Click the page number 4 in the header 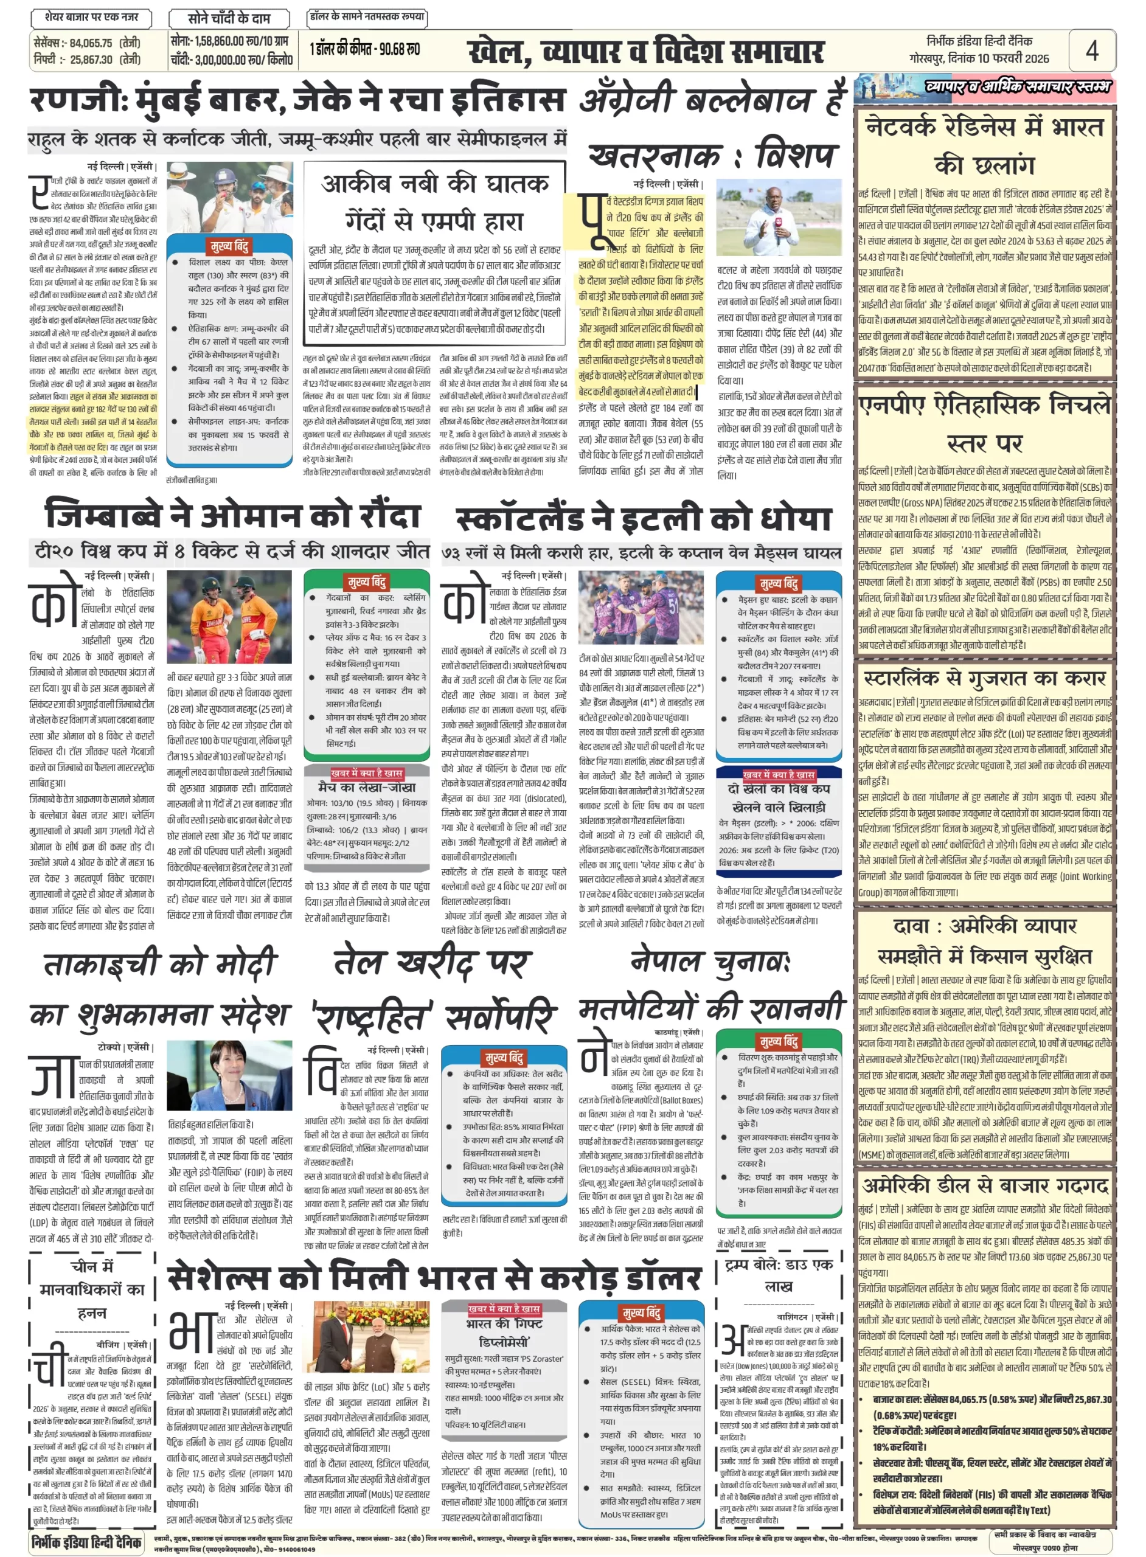[x=1091, y=50]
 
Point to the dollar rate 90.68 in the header [x=405, y=49]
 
